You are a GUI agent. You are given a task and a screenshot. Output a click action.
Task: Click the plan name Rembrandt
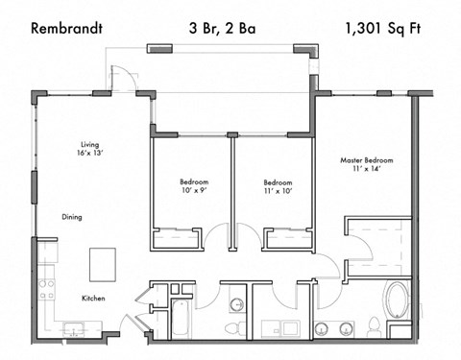point(66,28)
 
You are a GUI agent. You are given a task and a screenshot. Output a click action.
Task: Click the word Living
point(89,146)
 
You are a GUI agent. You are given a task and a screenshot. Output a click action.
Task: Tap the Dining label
point(72,217)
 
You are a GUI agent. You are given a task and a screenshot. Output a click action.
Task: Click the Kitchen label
point(92,299)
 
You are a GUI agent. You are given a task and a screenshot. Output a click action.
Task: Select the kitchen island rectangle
point(103,261)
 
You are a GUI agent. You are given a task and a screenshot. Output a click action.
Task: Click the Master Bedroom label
point(367,160)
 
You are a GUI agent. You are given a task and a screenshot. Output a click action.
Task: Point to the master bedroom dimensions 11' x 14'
point(367,170)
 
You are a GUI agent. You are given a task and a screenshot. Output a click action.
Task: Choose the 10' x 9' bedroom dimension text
point(194,191)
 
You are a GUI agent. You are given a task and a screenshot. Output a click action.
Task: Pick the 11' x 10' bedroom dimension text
point(278,191)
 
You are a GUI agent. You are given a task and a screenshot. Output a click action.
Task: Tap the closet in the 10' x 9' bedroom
point(177,236)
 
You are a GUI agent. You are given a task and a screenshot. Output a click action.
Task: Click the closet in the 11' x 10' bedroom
point(289,236)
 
